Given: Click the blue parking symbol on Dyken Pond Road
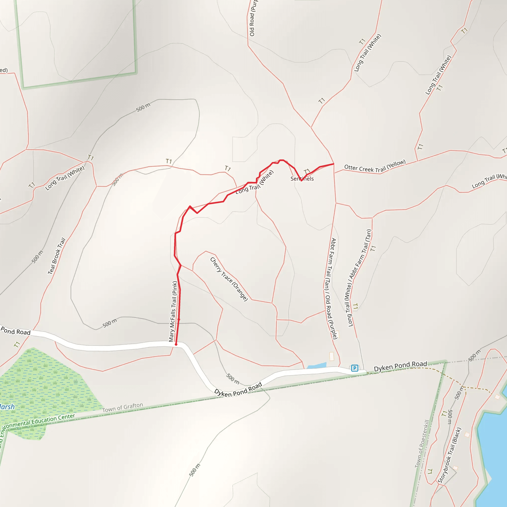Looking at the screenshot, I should tap(355, 368).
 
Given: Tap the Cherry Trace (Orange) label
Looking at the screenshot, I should tap(229, 279).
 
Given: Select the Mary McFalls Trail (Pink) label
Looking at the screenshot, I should tap(173, 311).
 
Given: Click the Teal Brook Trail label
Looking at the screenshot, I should tap(56, 256).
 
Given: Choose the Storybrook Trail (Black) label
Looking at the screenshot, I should tap(449, 455).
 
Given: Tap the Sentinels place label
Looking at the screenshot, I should tap(302, 179).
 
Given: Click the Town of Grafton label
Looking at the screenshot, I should tap(123, 407).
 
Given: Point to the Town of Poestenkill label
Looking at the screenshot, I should tap(422, 443).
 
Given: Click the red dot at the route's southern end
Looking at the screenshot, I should tap(176, 344).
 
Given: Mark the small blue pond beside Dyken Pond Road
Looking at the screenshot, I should tap(317, 365).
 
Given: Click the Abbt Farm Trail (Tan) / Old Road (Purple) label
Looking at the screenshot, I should tap(330, 289).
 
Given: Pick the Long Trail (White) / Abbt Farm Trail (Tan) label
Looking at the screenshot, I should tap(359, 278).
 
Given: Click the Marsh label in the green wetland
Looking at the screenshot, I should tap(7, 407).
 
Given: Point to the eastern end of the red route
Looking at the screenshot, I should tap(333, 164).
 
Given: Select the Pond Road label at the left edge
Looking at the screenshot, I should tap(16, 331).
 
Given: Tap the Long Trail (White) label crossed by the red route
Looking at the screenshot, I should tap(254, 182).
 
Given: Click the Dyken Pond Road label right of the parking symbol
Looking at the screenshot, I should tap(400, 366).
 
